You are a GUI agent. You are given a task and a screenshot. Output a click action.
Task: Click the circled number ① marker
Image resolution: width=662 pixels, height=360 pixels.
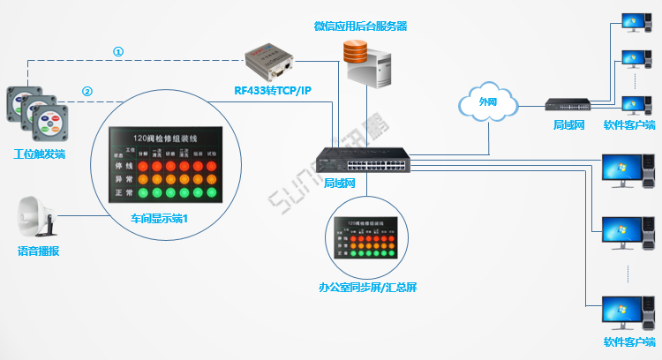(x=117, y=51)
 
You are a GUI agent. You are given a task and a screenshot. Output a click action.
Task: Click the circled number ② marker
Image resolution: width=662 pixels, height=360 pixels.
(x=87, y=91)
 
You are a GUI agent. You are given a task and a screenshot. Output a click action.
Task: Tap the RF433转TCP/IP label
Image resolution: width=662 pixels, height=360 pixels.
(x=273, y=89)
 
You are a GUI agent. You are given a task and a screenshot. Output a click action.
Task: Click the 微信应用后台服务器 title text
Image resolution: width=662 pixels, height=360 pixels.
(x=360, y=26)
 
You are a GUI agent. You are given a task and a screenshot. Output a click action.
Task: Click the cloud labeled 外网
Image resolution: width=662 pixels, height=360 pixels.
(x=487, y=102)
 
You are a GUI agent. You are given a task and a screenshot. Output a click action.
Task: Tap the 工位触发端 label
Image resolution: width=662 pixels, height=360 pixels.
(x=40, y=154)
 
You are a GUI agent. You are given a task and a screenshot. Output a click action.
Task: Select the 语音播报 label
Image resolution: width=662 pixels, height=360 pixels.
(x=40, y=251)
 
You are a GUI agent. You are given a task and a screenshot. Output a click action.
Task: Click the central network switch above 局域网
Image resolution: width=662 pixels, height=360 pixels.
(x=363, y=158)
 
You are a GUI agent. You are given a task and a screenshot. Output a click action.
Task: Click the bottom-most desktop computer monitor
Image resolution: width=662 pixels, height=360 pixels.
(x=618, y=311)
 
